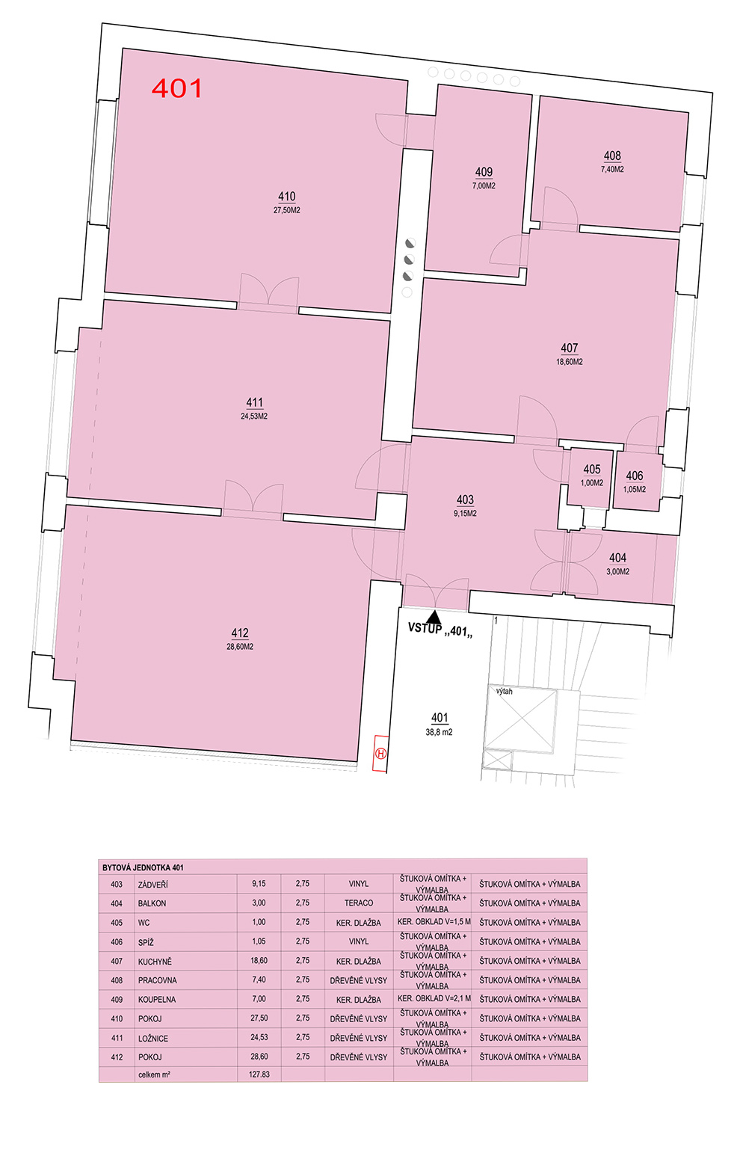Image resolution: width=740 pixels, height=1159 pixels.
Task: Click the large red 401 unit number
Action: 176,88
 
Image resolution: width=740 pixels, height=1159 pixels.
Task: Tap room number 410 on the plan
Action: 286,197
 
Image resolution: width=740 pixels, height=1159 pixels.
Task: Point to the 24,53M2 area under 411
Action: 254,416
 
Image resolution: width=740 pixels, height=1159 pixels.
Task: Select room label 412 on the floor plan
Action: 240,633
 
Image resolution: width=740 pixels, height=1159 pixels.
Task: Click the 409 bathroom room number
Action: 484,172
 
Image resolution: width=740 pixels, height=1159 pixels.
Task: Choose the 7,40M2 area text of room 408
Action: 611,169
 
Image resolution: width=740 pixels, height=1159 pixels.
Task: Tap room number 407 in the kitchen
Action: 570,348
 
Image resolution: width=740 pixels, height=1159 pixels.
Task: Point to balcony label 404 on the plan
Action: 617,558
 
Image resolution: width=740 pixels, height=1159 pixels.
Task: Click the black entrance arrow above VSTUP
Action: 434,617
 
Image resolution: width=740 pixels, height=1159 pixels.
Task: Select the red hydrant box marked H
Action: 381,754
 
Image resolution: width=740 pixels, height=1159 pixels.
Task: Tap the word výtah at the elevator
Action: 505,691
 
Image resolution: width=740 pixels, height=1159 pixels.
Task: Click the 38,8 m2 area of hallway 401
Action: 439,732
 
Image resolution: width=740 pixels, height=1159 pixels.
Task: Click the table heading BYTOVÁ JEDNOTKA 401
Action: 143,867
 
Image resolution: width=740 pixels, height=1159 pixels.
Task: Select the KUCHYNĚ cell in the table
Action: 155,962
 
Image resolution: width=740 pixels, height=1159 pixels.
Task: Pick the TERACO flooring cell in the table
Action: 358,903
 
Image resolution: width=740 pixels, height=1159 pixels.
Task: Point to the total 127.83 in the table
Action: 259,1075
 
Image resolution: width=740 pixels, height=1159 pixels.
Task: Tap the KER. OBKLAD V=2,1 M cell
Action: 434,998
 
